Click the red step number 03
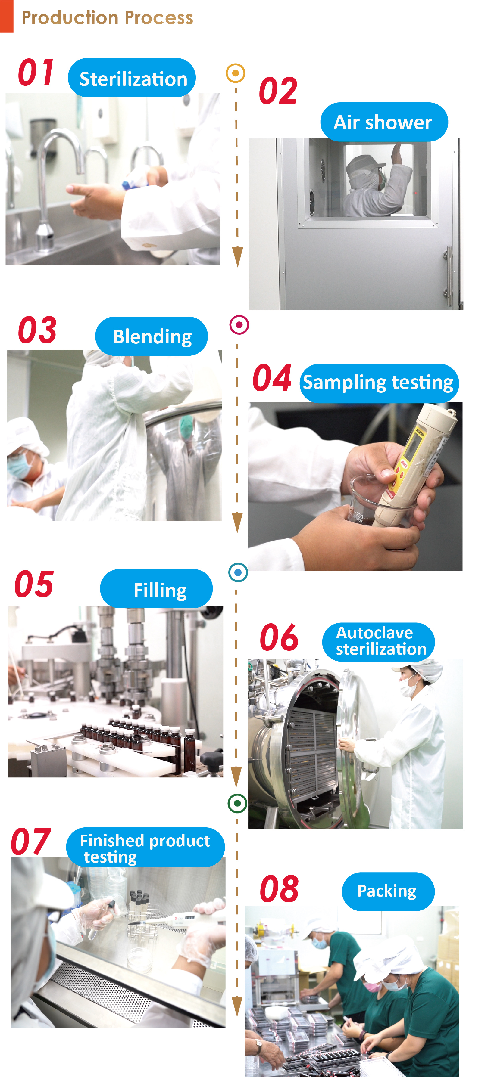pos(37,330)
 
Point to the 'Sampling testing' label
pos(378,383)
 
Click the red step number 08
pos(279,889)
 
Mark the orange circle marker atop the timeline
pos(236,73)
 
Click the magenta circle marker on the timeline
pos(239,325)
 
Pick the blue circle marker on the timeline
pos(238,572)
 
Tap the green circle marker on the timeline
pos(237,803)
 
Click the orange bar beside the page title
pos(7,16)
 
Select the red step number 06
pos(279,637)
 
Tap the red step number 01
pos(36,72)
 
